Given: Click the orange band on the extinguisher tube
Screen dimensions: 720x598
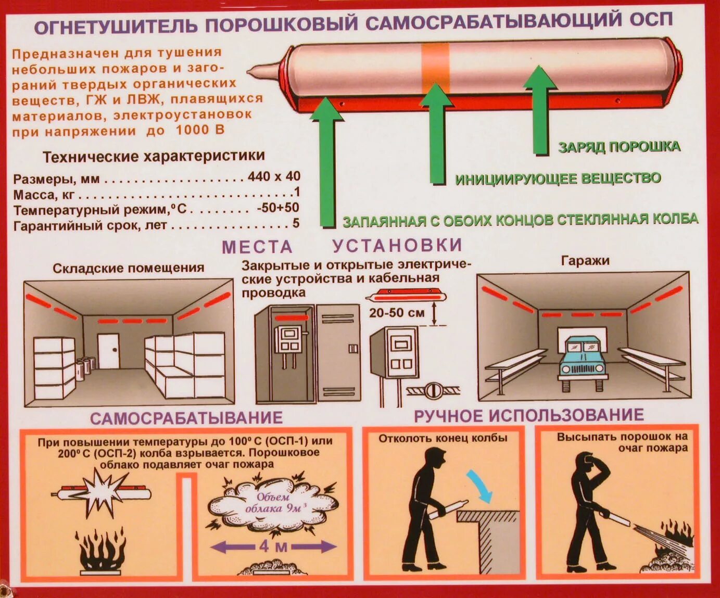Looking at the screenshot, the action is (435, 68).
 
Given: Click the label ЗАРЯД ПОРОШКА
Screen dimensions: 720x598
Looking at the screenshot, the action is (619, 147).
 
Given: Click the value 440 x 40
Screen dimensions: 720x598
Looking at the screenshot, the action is (274, 176).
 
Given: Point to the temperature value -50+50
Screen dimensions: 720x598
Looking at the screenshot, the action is (278, 208).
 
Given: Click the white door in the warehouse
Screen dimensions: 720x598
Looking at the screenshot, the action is (108, 351).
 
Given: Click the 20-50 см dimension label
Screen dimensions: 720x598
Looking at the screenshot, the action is (397, 313).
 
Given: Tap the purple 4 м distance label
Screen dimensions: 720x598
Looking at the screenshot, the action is (273, 546).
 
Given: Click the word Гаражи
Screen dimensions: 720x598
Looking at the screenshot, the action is (585, 260).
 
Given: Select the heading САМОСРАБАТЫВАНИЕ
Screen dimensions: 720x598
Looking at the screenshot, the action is (186, 418).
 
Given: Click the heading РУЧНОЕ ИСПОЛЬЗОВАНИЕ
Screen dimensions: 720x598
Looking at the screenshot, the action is (529, 415).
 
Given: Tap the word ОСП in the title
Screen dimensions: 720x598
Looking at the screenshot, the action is (651, 20).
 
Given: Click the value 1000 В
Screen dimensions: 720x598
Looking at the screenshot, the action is (200, 130).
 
